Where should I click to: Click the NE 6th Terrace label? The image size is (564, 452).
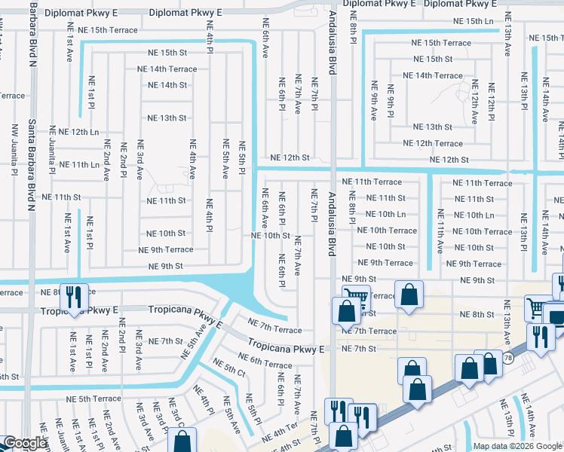pos(265,360)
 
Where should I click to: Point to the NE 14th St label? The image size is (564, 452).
pos(167,85)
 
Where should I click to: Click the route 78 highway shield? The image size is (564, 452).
pos(509,359)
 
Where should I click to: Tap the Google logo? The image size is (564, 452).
pos(24,444)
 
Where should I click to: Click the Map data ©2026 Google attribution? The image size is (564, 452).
pos(517,446)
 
